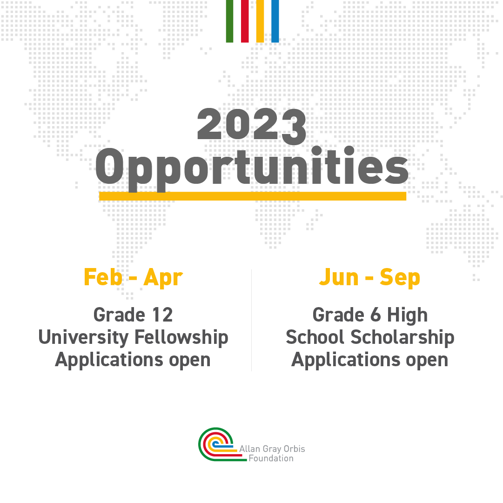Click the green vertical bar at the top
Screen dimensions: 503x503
coord(229,21)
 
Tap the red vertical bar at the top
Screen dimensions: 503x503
coord(245,21)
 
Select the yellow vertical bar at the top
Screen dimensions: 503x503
coord(260,21)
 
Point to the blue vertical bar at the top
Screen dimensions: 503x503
coord(275,21)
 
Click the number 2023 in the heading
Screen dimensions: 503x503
coord(252,126)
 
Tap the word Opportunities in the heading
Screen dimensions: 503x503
coord(252,167)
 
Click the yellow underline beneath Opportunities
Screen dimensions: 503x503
coord(252,196)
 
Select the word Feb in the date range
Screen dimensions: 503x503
coord(103,277)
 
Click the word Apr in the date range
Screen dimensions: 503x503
coord(163,277)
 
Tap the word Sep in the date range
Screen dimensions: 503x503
coord(400,278)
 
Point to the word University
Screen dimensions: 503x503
coord(84,337)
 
